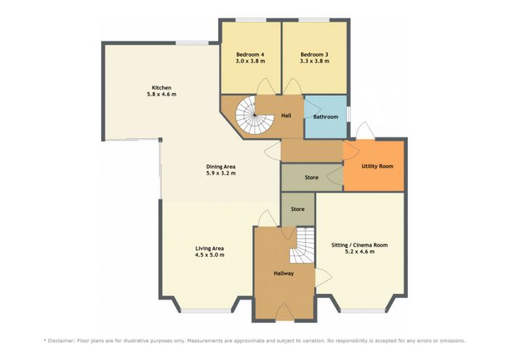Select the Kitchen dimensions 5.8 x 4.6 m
161,95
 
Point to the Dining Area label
221,167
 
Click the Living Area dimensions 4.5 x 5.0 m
209,255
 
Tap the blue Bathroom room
325,117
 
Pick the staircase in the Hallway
302,245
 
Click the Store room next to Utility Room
312,177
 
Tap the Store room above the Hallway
297,209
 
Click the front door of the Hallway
285,313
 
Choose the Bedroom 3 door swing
293,87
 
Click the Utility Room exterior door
366,131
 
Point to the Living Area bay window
206,311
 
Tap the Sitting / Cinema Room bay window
363,311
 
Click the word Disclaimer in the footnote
61,341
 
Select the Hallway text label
284,273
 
